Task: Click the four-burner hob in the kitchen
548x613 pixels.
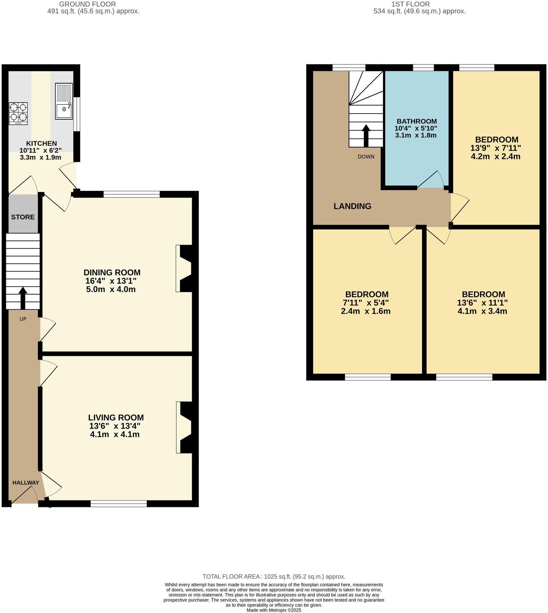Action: click(18, 113)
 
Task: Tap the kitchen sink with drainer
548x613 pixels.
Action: click(64, 101)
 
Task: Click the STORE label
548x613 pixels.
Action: click(23, 217)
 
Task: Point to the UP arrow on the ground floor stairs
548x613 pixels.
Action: click(23, 297)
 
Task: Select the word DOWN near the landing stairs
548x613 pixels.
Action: click(366, 157)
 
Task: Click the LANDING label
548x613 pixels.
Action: click(352, 206)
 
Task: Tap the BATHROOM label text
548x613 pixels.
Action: click(417, 121)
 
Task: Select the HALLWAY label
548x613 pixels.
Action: click(26, 483)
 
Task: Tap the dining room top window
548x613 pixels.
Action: click(132, 194)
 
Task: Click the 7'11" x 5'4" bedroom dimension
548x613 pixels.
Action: click(366, 303)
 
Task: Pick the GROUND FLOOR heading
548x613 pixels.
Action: click(87, 4)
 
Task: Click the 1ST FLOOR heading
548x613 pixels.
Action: click(410, 4)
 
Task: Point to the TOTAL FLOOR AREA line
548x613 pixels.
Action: click(274, 576)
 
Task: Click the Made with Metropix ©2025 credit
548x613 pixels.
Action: click(274, 610)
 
